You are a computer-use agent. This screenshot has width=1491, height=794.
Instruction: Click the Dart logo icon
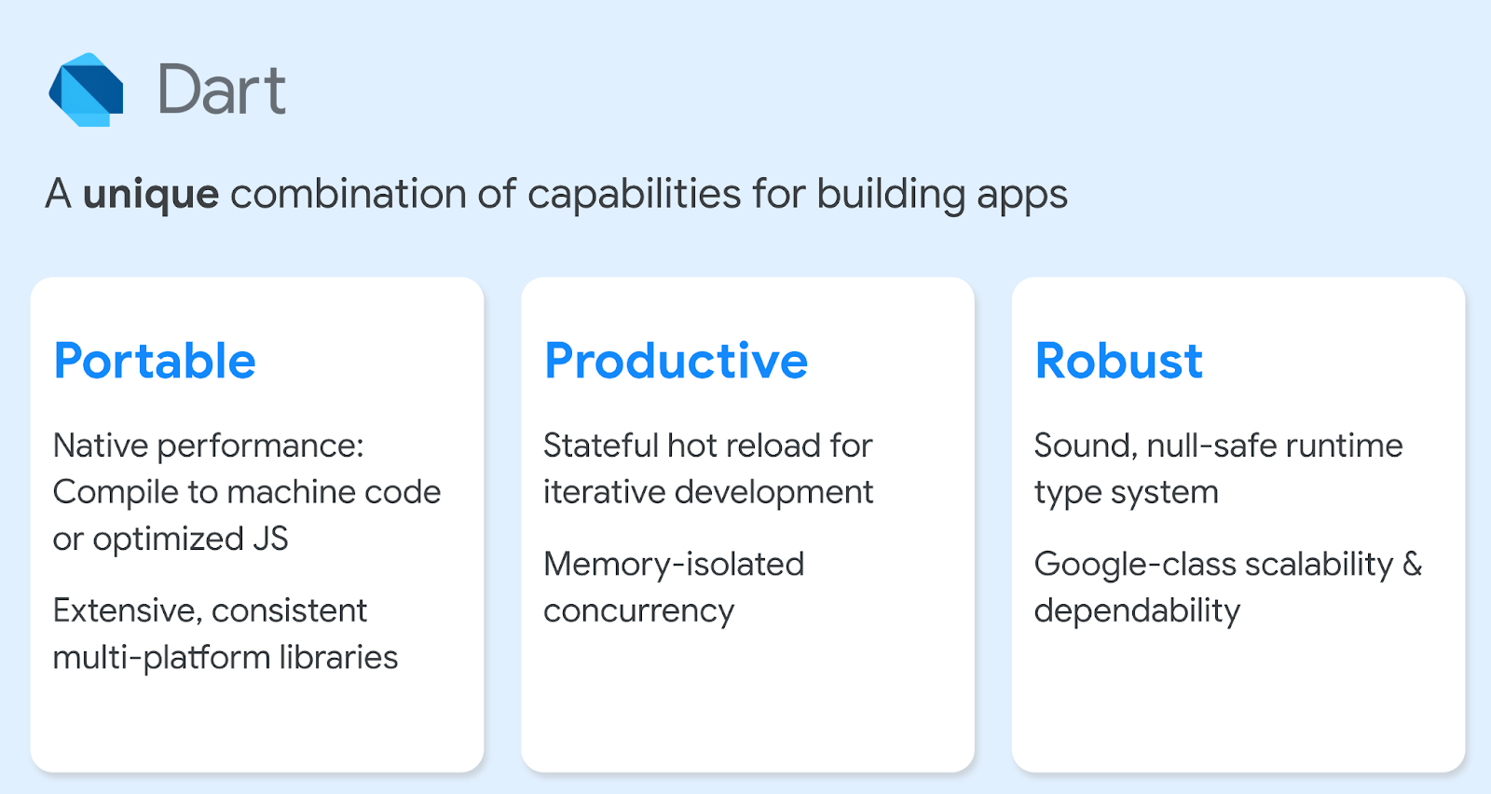pyautogui.click(x=86, y=89)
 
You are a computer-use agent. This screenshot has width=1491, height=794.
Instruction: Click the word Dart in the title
pyautogui.click(x=222, y=89)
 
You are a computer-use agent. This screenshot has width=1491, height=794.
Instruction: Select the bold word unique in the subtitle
pyautogui.click(x=151, y=195)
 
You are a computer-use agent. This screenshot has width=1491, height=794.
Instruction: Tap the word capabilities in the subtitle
pyautogui.click(x=634, y=195)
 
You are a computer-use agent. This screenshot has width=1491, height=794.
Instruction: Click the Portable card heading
pyautogui.click(x=155, y=361)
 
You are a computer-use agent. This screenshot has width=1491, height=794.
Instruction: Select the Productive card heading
pyautogui.click(x=676, y=361)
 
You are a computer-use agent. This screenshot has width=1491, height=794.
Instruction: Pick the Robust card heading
pyautogui.click(x=1118, y=361)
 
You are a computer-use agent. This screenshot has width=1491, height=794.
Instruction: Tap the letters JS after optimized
pyautogui.click(x=270, y=539)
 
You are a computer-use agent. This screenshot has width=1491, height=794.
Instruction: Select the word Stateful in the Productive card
pyautogui.click(x=600, y=445)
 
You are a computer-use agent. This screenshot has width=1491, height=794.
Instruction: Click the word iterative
pyautogui.click(x=603, y=492)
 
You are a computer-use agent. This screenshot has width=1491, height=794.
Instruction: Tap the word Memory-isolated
pyautogui.click(x=674, y=565)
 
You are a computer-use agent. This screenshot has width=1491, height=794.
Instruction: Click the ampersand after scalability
pyautogui.click(x=1412, y=565)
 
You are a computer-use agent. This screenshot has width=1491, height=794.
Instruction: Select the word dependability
pyautogui.click(x=1137, y=611)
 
